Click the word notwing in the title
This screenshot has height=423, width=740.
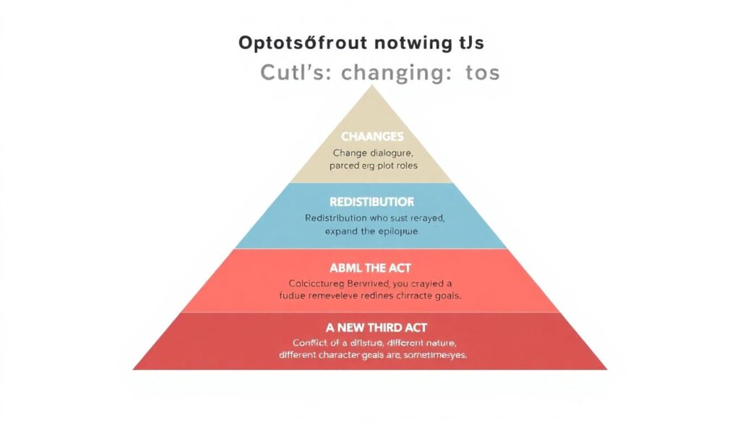tap(407, 43)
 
